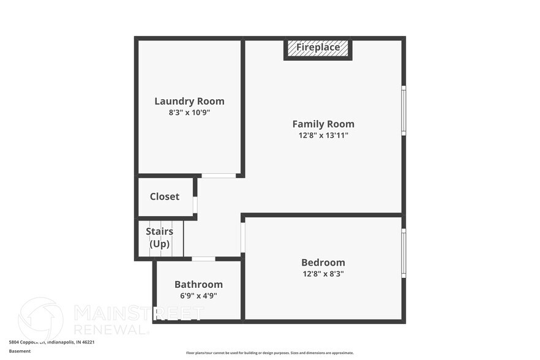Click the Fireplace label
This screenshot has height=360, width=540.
pos(318,47)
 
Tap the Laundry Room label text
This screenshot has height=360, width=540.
pos(189,101)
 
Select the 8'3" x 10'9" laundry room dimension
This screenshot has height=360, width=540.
pos(189,113)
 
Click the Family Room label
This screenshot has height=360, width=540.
pos(323,124)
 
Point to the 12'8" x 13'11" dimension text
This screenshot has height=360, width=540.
pos(323,135)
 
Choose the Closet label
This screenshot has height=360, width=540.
pos(165,197)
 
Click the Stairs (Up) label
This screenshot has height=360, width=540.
pos(159,238)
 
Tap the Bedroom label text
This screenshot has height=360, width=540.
pos(323,263)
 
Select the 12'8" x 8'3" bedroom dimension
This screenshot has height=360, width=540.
pos(323,274)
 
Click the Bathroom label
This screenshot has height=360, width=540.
pos(198,285)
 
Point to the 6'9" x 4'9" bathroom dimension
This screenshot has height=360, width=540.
pos(198,296)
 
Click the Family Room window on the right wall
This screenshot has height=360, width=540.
pos(403,110)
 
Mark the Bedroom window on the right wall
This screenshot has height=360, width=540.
pos(403,252)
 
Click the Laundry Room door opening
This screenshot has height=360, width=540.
pos(219,176)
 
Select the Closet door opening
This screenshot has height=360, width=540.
pos(195,204)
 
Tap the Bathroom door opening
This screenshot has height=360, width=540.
pos(203,259)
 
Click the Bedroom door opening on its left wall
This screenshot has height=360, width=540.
pos(243,238)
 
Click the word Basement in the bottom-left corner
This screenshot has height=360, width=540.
pos(20,351)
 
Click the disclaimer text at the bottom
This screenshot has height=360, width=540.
pos(269,353)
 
